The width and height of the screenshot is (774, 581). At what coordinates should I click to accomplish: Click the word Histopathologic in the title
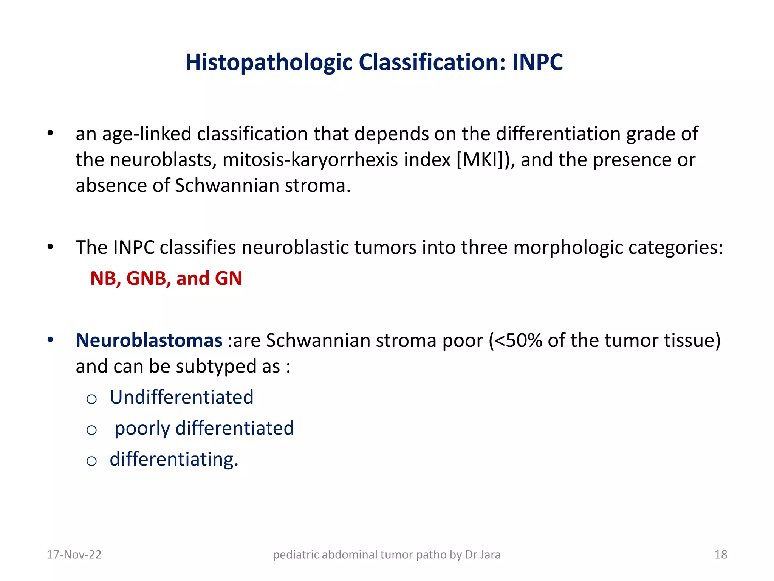(x=269, y=63)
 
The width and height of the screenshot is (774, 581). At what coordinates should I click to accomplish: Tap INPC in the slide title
(x=537, y=62)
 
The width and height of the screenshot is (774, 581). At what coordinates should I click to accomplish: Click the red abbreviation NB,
(x=105, y=279)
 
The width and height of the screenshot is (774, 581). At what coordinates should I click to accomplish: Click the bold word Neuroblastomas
(x=149, y=340)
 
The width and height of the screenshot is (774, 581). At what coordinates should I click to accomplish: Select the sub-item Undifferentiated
(x=181, y=397)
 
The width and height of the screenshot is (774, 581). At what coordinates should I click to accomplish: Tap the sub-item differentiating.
(x=174, y=459)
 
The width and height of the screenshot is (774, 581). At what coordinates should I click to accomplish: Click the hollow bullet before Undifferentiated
(x=91, y=399)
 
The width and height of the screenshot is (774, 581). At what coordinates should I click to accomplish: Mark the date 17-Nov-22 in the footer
(x=74, y=555)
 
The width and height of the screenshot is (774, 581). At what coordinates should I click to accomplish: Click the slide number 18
(x=721, y=555)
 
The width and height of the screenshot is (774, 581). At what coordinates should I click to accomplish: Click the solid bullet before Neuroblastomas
(x=50, y=340)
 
